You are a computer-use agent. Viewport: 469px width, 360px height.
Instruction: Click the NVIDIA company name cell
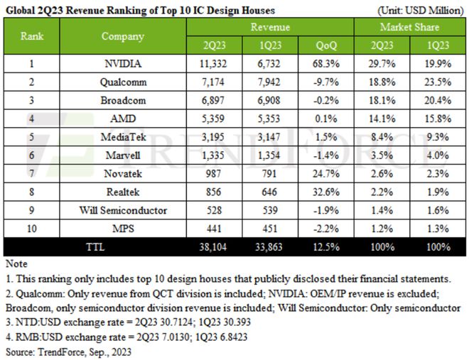pyautogui.click(x=123, y=64)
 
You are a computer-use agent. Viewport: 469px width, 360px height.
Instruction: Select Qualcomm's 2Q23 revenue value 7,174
pyautogui.click(x=213, y=82)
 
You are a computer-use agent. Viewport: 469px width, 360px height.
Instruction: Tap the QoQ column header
pyautogui.click(x=326, y=45)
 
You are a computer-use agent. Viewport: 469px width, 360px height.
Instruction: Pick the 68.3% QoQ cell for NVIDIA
pyautogui.click(x=326, y=64)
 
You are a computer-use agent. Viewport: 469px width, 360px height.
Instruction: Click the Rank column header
pyautogui.click(x=32, y=36)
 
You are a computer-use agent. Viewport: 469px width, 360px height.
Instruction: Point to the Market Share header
pyautogui.click(x=409, y=27)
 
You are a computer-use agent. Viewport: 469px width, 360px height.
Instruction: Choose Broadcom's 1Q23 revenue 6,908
pyautogui.click(x=269, y=100)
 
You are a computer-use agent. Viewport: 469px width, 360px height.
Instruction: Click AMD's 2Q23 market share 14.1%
pyautogui.click(x=382, y=119)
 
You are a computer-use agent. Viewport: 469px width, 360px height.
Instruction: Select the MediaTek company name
pyautogui.click(x=123, y=137)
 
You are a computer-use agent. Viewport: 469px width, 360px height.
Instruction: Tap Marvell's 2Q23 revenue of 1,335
pyautogui.click(x=213, y=156)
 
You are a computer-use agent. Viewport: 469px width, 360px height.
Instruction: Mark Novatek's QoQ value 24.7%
pyautogui.click(x=326, y=174)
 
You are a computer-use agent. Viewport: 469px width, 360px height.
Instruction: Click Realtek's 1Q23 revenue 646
pyautogui.click(x=269, y=192)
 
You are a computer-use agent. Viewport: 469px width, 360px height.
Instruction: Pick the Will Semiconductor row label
pyautogui.click(x=123, y=210)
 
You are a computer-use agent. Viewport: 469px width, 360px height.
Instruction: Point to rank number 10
pyautogui.click(x=32, y=229)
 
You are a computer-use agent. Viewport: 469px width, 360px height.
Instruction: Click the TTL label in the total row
pyautogui.click(x=95, y=247)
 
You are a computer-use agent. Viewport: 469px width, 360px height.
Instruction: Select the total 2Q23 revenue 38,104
pyautogui.click(x=213, y=247)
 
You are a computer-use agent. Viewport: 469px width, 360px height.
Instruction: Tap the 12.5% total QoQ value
pyautogui.click(x=326, y=247)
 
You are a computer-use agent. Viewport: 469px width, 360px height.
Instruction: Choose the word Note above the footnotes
pyautogui.click(x=16, y=264)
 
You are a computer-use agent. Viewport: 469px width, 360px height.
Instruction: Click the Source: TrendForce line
pyautogui.click(x=68, y=352)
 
